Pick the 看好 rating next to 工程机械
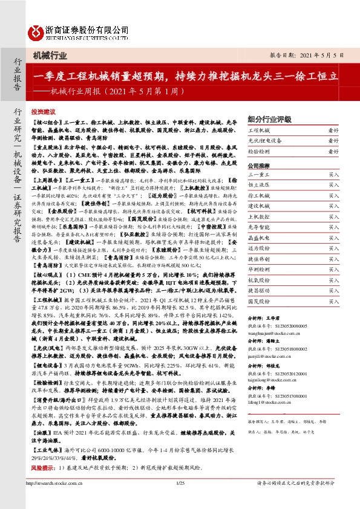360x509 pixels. tap(333, 131)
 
